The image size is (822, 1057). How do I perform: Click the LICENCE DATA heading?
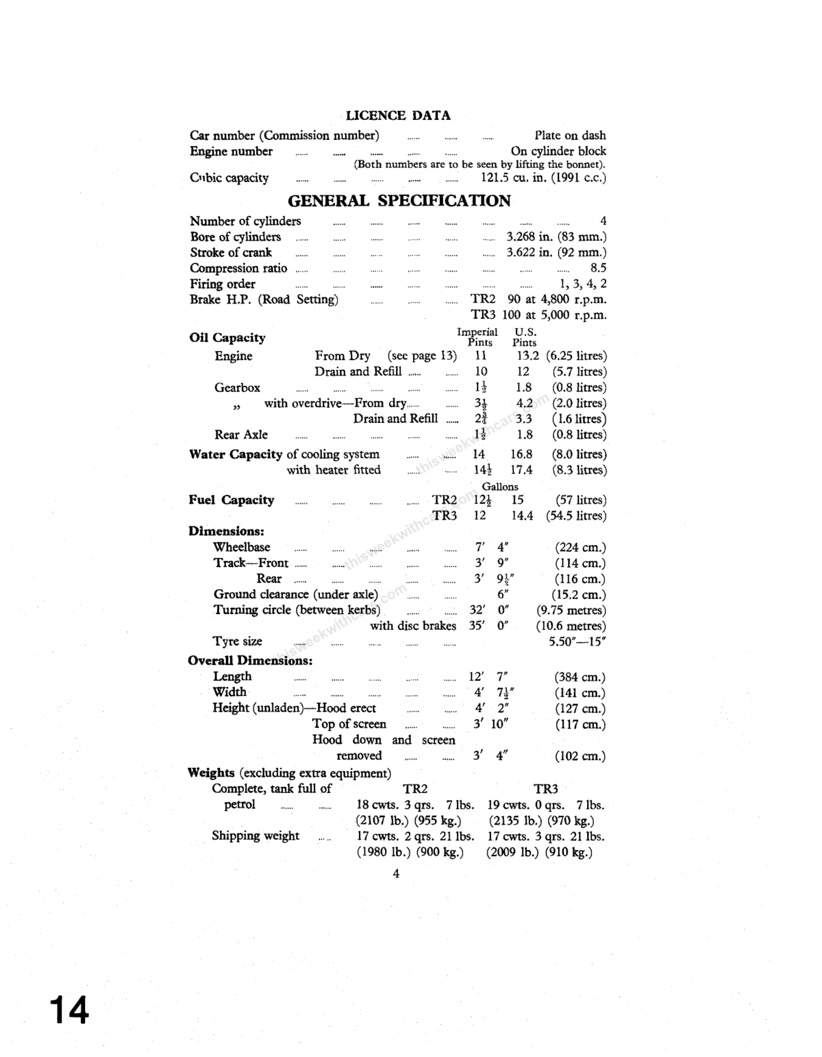398,116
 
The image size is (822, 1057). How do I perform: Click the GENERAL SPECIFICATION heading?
399,201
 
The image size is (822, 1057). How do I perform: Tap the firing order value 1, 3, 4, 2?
583,284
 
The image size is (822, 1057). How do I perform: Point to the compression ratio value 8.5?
598,269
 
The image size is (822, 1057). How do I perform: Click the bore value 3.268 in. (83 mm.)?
556,237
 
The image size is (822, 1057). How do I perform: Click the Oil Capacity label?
227,338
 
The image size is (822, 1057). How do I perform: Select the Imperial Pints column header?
477,337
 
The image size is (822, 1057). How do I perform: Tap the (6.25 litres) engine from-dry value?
576,356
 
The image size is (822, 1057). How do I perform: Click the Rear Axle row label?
240,435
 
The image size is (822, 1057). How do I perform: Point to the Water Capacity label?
236,454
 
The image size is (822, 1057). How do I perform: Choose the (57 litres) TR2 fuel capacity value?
580,500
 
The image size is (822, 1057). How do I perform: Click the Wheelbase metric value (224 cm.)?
580,548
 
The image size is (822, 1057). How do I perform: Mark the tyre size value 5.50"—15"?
577,642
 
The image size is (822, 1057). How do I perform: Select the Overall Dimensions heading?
250,661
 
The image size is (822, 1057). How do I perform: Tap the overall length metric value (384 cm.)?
580,677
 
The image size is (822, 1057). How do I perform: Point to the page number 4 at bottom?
396,873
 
